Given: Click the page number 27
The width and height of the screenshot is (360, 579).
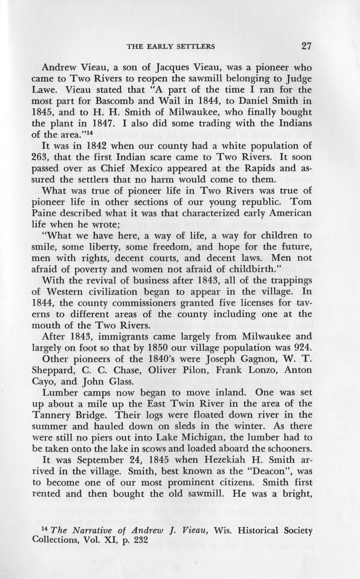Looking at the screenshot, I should (306, 46).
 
